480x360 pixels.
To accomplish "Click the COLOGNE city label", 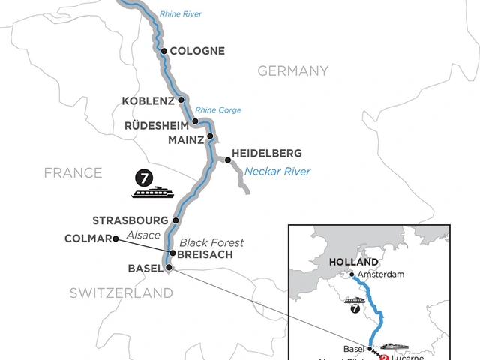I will (x=198, y=52).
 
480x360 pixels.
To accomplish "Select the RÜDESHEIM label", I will (x=156, y=124).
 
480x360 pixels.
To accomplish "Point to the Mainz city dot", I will (x=211, y=136).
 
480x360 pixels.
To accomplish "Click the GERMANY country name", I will (x=293, y=71).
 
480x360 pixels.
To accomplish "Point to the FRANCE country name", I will (x=73, y=173).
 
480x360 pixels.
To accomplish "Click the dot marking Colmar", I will (x=115, y=239).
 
